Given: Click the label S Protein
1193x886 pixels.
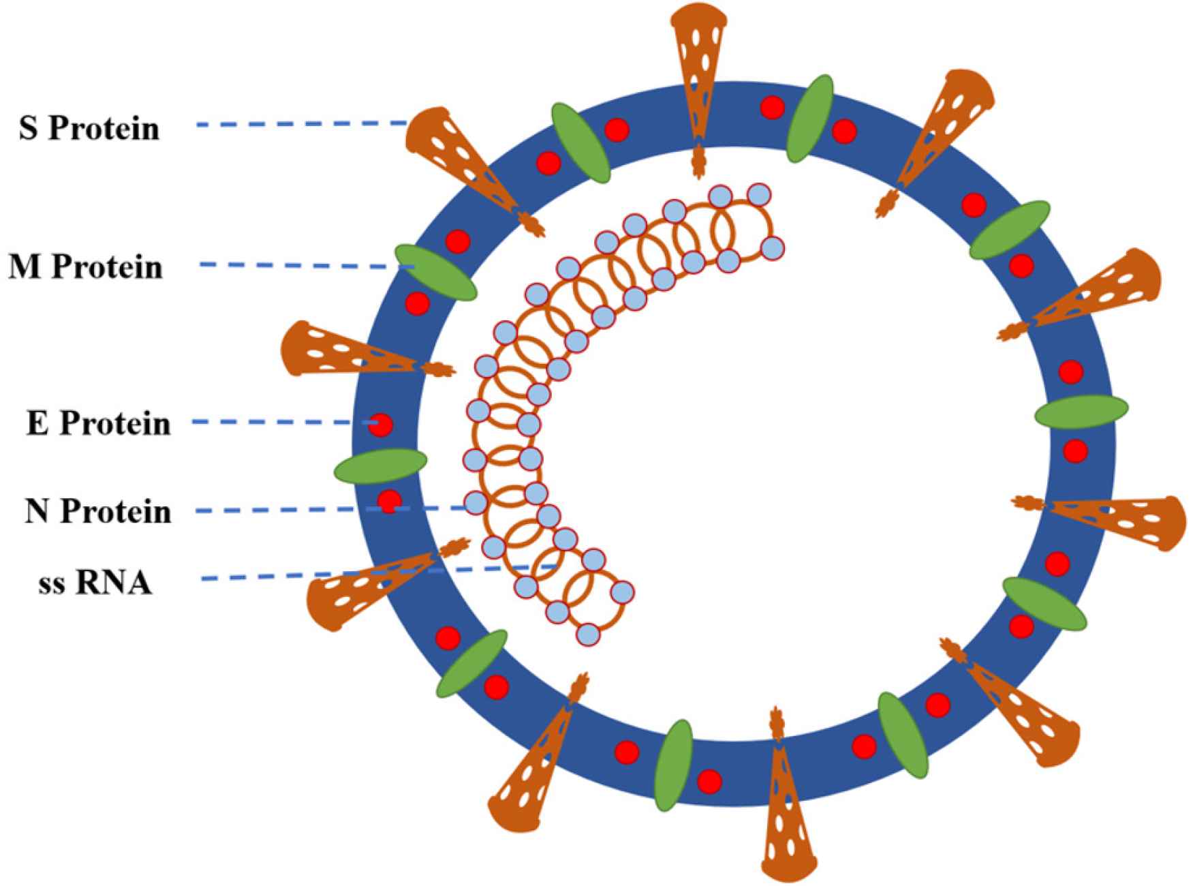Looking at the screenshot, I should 89,128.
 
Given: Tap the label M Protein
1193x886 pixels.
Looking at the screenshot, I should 86,266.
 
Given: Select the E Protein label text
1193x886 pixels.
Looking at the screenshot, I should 98,423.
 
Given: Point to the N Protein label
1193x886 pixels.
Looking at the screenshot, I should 98,511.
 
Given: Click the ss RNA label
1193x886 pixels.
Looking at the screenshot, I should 95,584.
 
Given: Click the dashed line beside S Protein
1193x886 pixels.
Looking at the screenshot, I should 300,124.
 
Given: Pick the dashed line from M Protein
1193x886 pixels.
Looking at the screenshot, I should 300,264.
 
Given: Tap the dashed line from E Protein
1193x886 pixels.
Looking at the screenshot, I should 279,423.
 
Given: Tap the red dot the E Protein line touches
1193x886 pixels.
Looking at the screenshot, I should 381,425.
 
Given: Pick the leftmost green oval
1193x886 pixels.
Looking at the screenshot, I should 380,465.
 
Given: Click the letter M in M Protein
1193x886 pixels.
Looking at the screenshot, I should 26,266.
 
